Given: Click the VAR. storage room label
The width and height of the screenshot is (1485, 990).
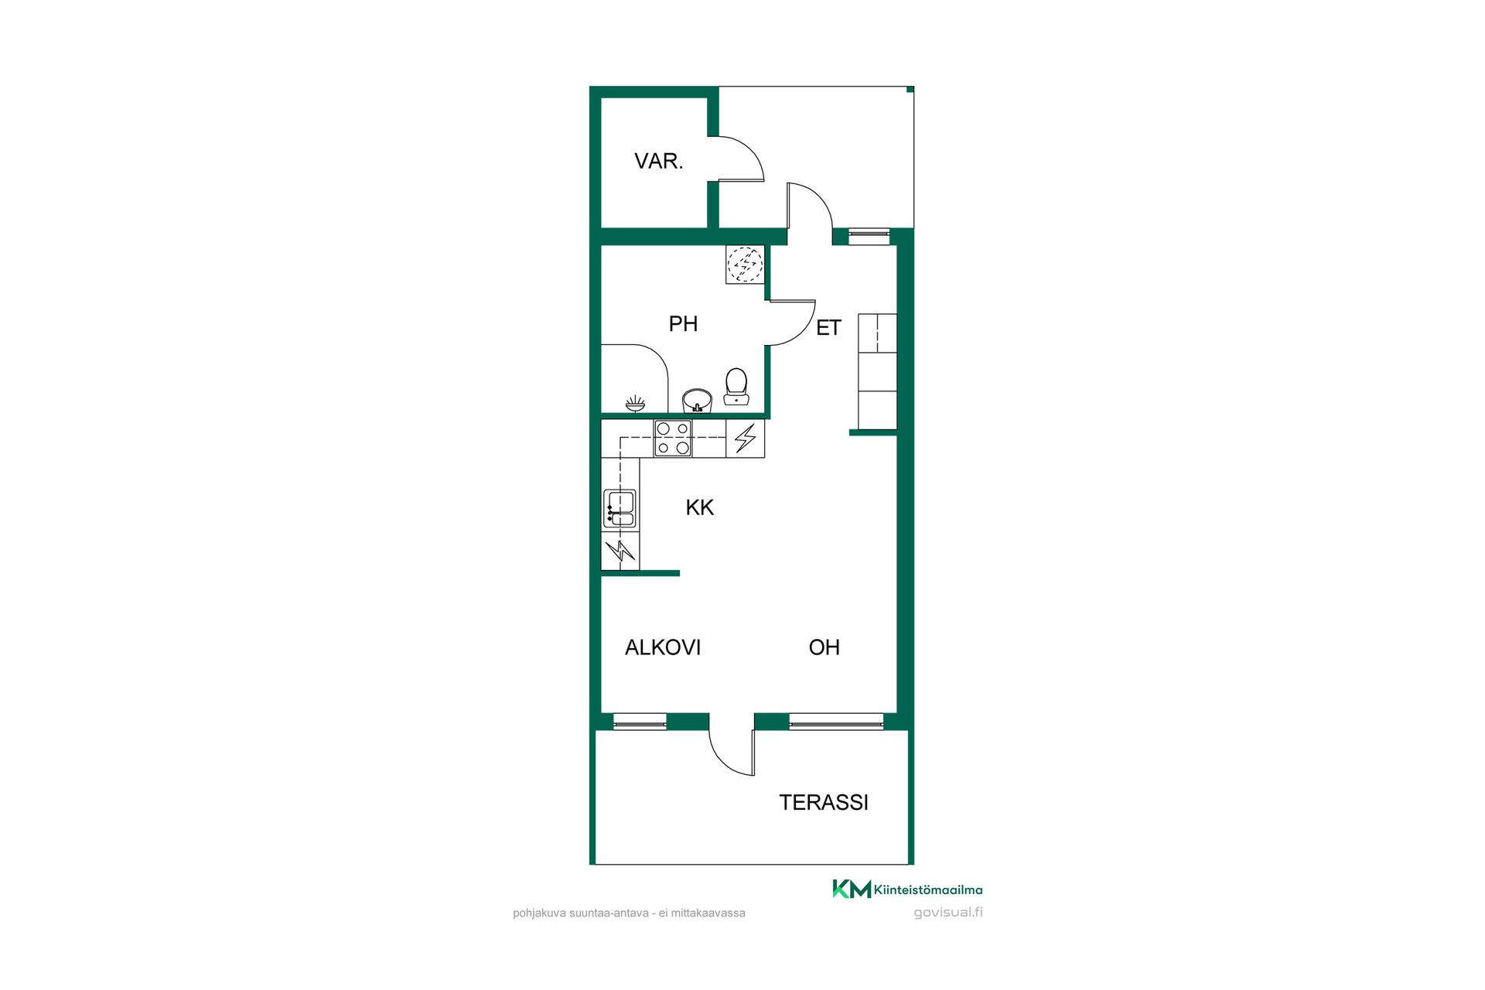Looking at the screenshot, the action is [658, 161].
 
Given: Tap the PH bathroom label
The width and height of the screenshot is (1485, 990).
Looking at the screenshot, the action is [683, 323].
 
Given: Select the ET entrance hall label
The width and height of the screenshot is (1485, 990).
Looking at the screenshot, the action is [828, 328].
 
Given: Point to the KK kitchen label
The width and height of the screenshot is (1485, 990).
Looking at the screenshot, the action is [699, 507].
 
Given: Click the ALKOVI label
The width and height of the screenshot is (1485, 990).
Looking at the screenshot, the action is [663, 647].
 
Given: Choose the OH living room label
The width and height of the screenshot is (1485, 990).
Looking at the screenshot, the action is [824, 647].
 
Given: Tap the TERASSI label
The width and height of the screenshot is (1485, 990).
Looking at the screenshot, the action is [824, 803].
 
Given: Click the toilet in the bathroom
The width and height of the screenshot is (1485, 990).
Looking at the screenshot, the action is [736, 387].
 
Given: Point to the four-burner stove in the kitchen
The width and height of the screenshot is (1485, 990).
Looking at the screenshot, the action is [673, 439].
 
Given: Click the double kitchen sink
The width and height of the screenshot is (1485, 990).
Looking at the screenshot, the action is [620, 509].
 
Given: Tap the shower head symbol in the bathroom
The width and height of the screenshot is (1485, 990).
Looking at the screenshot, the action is [635, 404].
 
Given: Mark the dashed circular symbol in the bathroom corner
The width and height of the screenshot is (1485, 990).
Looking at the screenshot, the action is [745, 265].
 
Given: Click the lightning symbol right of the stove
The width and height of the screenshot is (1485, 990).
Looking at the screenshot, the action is [746, 439].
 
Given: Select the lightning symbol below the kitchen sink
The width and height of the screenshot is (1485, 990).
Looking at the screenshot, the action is [620, 551].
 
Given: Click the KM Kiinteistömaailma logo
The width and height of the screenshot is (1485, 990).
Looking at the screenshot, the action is [907, 889].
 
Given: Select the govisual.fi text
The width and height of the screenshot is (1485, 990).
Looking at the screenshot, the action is [948, 913].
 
